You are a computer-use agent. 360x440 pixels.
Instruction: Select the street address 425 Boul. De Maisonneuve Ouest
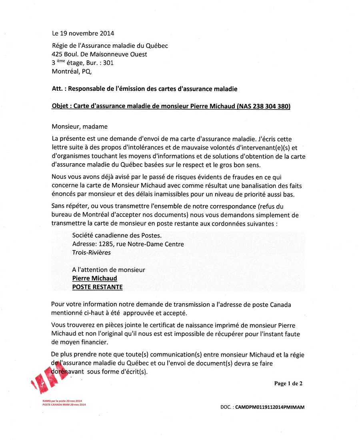point(99,54)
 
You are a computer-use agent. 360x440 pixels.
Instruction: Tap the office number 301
point(108,63)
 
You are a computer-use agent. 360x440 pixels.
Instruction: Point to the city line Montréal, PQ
point(72,72)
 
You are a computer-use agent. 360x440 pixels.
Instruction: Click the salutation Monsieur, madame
point(80,127)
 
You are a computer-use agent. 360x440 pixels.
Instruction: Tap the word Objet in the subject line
point(60,106)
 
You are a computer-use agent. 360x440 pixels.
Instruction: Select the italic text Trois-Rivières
point(92,252)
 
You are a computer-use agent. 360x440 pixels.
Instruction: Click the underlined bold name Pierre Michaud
point(94,278)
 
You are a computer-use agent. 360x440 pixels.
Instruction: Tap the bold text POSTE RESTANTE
point(97,287)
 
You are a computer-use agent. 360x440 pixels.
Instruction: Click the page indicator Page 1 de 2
point(288,384)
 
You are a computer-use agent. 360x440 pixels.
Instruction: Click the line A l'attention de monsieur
point(108,270)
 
